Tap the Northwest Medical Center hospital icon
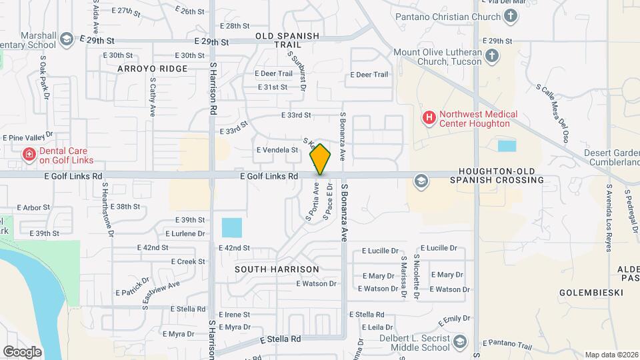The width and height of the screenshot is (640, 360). (x=429, y=118)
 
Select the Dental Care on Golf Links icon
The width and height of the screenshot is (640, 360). (x=29, y=155)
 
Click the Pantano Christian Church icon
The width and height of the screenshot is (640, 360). (x=511, y=17)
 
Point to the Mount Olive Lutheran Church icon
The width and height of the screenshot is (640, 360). (x=492, y=55)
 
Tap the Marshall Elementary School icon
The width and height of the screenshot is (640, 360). (x=66, y=39)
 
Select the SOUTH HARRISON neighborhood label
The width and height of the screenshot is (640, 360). (x=277, y=269)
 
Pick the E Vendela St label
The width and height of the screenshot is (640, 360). (x=277, y=150)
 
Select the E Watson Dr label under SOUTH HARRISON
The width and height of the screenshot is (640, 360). (x=317, y=283)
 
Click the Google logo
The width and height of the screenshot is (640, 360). (x=23, y=351)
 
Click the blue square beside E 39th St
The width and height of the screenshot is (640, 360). (x=232, y=228)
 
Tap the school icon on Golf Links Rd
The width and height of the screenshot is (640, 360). (x=421, y=180)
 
